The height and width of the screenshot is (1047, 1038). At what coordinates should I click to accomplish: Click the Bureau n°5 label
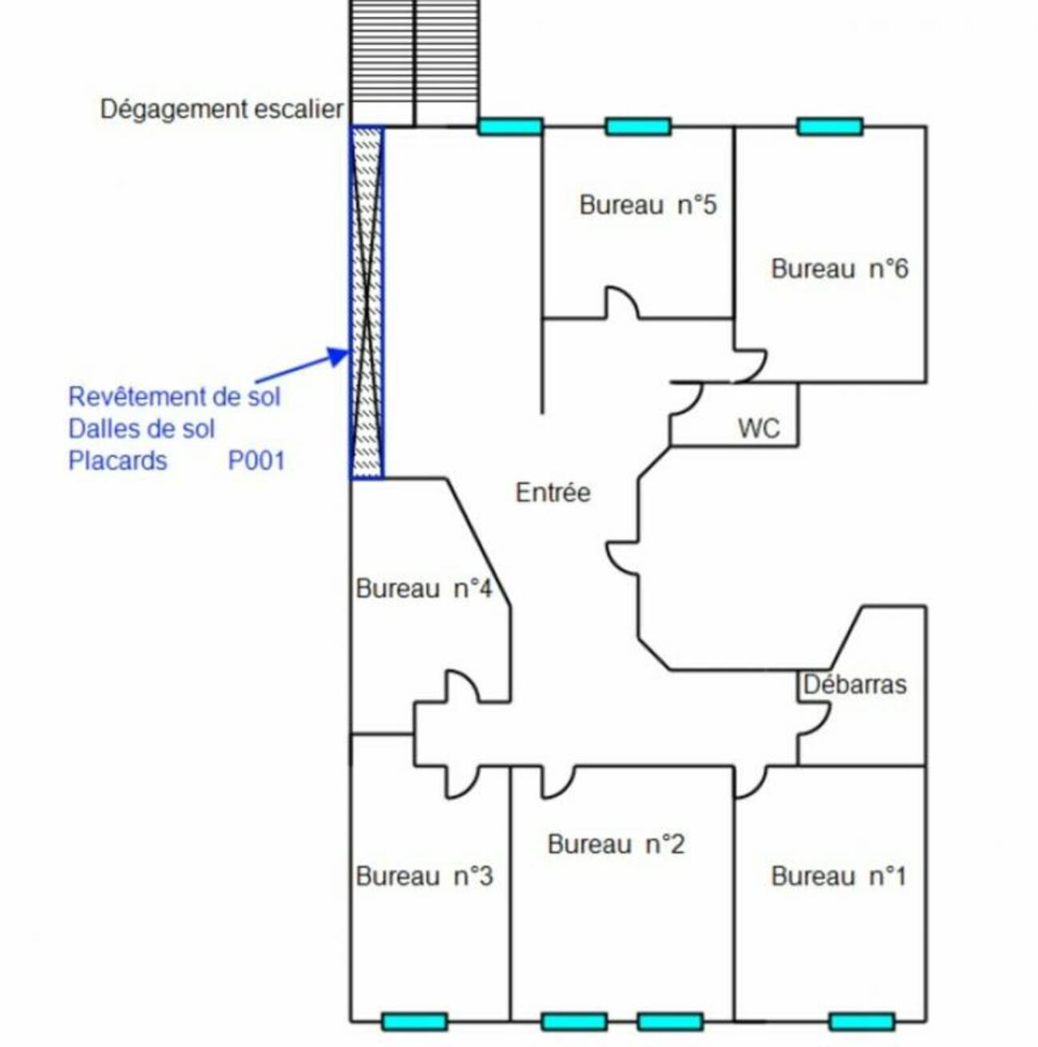click(x=648, y=205)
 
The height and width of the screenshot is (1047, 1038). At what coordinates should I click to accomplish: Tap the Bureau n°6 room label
click(x=839, y=269)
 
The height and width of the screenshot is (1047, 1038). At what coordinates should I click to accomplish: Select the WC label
click(x=759, y=428)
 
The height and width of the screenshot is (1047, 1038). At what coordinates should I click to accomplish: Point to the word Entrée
click(x=553, y=492)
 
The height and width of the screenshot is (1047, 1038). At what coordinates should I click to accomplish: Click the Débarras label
click(x=855, y=684)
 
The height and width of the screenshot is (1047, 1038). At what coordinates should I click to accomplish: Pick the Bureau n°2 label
click(x=616, y=844)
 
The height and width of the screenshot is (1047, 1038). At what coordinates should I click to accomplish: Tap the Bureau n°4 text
click(x=424, y=589)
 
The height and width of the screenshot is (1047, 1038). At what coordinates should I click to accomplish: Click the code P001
click(x=256, y=461)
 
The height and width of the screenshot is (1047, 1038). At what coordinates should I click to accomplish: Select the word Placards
click(x=117, y=461)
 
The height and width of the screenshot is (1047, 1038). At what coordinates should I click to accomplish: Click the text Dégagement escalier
click(x=221, y=109)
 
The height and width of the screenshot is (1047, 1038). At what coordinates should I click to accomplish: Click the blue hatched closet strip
click(x=366, y=303)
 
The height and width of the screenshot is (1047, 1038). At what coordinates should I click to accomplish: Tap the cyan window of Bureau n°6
click(x=830, y=126)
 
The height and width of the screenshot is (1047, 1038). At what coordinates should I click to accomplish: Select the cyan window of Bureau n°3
click(x=414, y=1021)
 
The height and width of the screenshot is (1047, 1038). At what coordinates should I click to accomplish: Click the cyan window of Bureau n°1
click(x=862, y=1021)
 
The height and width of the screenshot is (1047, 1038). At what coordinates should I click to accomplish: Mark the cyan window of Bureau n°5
click(x=638, y=126)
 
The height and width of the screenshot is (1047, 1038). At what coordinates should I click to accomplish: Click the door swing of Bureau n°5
click(x=622, y=303)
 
